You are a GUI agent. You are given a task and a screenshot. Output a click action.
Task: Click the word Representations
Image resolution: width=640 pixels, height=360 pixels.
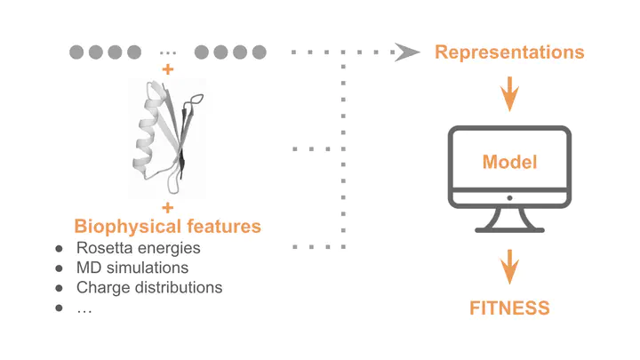[x=509, y=52]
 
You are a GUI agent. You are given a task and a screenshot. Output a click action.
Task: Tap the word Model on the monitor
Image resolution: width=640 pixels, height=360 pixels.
[x=509, y=162]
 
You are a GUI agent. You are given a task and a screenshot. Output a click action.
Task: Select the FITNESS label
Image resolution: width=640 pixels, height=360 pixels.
[x=509, y=308]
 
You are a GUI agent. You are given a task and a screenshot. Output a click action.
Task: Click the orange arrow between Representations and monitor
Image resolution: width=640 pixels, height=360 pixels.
[x=509, y=93]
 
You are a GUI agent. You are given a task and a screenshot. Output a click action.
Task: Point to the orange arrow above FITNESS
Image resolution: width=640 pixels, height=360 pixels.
[x=509, y=267]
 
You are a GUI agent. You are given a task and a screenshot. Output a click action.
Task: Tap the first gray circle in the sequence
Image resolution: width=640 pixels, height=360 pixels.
[x=76, y=52]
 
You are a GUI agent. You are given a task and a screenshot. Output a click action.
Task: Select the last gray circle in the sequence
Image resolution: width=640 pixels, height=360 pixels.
[x=260, y=52]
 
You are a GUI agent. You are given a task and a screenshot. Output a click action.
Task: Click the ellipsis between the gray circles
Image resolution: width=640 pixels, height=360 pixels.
[x=168, y=53]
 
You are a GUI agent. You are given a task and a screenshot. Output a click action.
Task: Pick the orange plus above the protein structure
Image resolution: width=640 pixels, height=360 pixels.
[x=168, y=69]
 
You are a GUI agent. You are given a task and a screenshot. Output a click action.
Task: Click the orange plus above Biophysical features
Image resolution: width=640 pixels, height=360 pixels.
[x=168, y=208]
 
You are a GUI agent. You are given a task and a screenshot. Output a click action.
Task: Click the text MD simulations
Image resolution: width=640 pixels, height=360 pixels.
[x=132, y=268]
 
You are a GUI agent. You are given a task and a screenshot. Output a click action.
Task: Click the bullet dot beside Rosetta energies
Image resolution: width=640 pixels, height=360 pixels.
[x=60, y=249]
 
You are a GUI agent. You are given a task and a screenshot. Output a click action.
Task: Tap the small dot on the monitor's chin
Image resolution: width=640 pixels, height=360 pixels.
[x=509, y=198]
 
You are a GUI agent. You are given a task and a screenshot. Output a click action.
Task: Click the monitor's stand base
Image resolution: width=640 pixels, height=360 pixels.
[x=509, y=230]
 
